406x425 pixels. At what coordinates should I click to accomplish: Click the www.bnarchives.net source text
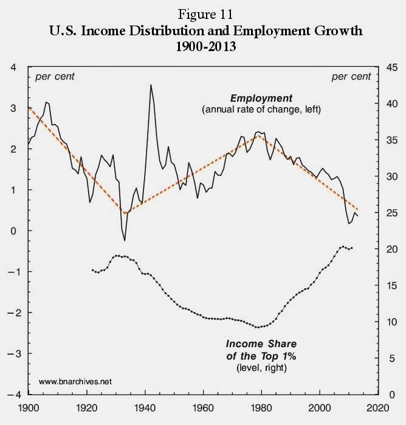75,382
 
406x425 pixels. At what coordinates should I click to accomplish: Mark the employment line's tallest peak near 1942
151,85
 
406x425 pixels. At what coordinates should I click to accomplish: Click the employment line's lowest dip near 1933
125,240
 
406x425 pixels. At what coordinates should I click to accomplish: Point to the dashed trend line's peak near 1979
259,135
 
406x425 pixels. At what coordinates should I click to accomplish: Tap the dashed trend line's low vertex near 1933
125,213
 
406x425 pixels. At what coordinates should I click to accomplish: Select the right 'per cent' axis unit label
351,77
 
